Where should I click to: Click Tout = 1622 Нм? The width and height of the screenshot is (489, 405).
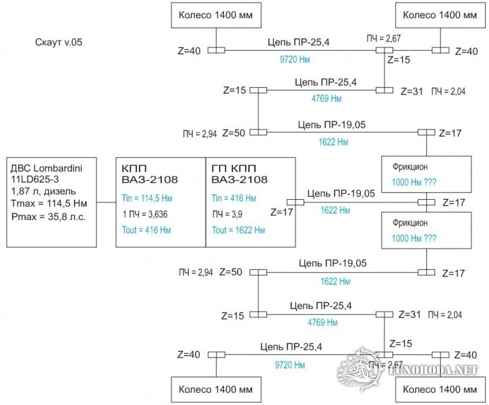[x=237, y=230]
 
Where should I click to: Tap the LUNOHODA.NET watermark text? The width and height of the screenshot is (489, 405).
[x=436, y=370]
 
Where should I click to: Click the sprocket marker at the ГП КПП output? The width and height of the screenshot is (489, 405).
[x=296, y=202]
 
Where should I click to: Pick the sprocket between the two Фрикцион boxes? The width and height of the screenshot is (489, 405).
[x=426, y=202]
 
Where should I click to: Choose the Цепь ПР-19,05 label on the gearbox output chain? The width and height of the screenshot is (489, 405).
[x=340, y=194]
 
